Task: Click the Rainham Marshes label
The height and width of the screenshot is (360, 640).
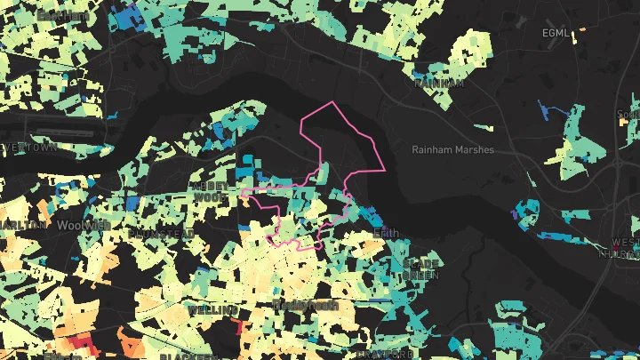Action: coord(452,149)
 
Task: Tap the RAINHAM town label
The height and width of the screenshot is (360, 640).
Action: coord(440,83)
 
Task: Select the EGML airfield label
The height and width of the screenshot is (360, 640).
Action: coord(555,33)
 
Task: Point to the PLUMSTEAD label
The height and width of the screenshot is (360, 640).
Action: coord(161,233)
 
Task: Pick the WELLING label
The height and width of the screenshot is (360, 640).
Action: coord(212,310)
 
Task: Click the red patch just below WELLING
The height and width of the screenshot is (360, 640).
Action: coord(240,326)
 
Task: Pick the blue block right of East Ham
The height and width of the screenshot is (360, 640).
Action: coord(127,17)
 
